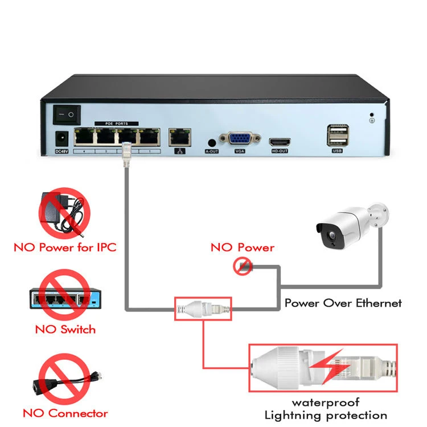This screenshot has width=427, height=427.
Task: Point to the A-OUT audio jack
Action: pyautogui.click(x=212, y=142)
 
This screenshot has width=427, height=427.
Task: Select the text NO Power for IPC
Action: pyautogui.click(x=65, y=248)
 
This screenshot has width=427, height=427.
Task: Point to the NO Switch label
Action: pyautogui.click(x=65, y=329)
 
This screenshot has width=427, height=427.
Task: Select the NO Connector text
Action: pyautogui.click(x=65, y=413)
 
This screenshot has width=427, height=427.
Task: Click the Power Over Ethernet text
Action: pyautogui.click(x=343, y=303)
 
